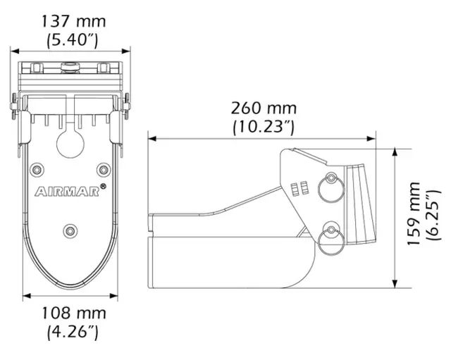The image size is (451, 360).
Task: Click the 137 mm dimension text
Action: tap(71, 22)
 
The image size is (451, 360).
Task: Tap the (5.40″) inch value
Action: tap(71, 40)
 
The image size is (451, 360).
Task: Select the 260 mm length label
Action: tap(264, 109)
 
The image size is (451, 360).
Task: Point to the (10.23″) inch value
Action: tap(264, 128)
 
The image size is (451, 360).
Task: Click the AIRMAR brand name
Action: tap(66, 190)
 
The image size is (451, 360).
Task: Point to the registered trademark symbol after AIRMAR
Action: tap(104, 186)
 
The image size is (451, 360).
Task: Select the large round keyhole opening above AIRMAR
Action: tap(68, 143)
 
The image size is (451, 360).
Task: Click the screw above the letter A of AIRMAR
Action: tap(37, 169)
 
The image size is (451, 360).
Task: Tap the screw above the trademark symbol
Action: tap(103, 169)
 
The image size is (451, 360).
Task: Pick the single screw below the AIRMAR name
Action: tap(69, 230)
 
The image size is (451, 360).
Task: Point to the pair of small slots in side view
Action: tap(300, 188)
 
